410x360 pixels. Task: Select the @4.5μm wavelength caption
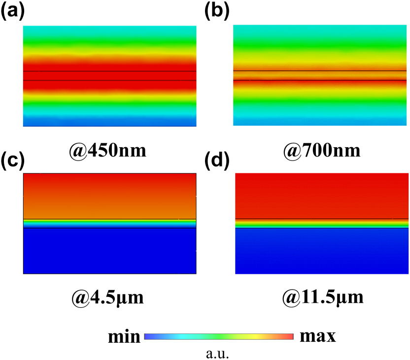click(x=108, y=297)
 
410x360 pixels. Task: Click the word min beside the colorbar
click(x=125, y=337)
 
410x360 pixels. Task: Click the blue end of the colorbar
click(x=148, y=337)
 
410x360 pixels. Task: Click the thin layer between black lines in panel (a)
click(x=109, y=76)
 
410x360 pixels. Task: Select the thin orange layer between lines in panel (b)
click(x=320, y=75)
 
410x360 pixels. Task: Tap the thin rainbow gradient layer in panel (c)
click(x=109, y=224)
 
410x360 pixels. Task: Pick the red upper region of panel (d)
click(x=322, y=195)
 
